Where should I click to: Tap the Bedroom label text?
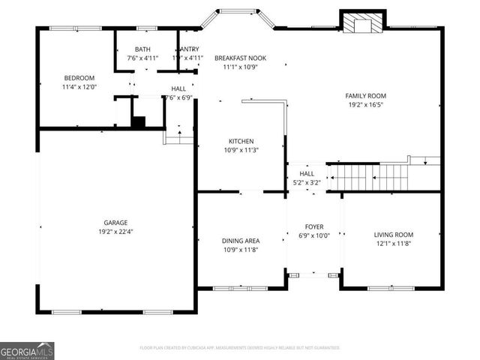pos(78,77)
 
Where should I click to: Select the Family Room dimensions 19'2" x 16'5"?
pos(365,105)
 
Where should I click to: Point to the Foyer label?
pos(313,226)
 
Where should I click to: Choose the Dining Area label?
pos(241,241)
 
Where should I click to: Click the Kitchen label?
pos(241,141)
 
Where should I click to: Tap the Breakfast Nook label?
pos(240,58)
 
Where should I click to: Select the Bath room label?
pos(142,49)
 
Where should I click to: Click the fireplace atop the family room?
pos(363,23)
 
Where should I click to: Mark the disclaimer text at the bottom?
pos(240,348)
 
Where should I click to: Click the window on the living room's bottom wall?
pos(390,288)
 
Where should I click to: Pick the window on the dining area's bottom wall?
pos(235,288)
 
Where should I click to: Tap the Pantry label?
pos(188,49)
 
